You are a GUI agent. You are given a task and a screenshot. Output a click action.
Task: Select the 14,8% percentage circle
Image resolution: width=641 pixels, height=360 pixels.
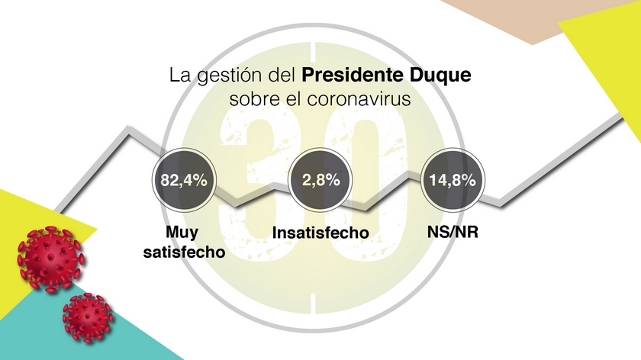tap(449, 182)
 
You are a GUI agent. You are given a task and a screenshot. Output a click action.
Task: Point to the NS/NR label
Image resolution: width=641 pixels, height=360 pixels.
tap(449, 231)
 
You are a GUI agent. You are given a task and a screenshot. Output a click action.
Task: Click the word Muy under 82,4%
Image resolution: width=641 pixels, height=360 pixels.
tap(184, 232)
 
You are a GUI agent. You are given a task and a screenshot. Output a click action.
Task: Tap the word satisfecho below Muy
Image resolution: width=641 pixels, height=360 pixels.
tap(184, 251)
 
